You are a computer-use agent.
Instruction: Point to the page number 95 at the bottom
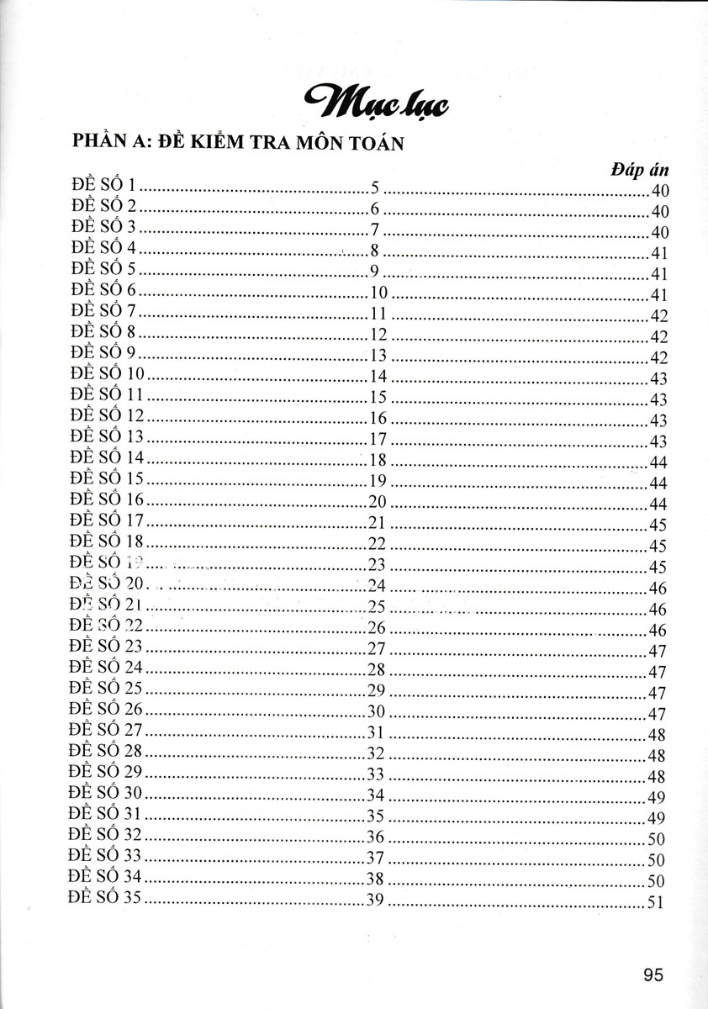point(653,975)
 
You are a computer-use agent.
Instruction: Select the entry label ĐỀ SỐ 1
point(104,186)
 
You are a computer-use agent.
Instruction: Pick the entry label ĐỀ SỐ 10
point(108,374)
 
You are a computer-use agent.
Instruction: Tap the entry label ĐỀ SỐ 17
point(108,520)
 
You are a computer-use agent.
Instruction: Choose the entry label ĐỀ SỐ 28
point(108,751)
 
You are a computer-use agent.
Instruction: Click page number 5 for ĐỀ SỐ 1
point(376,187)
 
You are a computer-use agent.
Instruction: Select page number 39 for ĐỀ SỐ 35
point(376,899)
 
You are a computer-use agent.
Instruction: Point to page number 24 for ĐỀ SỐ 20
point(376,584)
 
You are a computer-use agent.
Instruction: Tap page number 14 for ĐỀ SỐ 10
point(378,375)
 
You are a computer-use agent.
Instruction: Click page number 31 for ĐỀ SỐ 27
point(376,731)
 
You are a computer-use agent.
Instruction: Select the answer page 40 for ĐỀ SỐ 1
point(658,191)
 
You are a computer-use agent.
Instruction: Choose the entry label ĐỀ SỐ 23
point(108,647)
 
